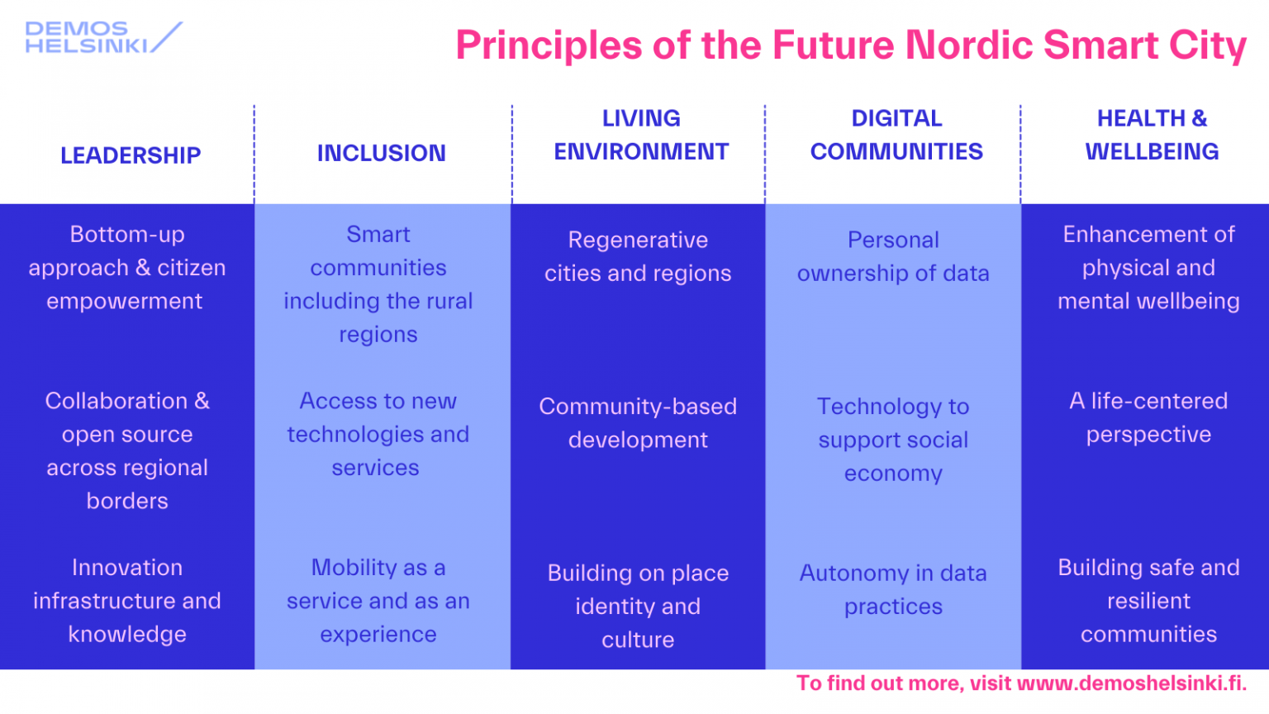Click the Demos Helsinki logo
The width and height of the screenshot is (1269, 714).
click(103, 37)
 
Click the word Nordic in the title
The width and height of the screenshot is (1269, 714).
click(969, 45)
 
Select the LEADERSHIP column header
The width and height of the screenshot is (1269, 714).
click(131, 155)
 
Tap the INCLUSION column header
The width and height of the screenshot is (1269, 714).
click(381, 153)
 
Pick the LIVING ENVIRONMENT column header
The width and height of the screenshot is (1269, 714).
click(641, 135)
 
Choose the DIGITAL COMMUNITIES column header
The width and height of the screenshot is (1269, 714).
click(896, 135)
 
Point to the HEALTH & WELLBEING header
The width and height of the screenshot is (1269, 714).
click(1152, 135)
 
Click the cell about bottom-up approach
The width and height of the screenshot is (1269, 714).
click(127, 268)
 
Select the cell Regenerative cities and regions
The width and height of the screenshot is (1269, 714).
click(638, 257)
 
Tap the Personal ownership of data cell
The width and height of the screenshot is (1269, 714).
click(893, 257)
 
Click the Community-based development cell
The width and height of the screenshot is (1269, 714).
click(638, 423)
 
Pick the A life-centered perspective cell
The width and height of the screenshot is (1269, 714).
click(1148, 417)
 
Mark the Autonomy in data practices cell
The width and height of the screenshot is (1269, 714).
click(893, 589)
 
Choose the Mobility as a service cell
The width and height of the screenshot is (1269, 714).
click(378, 601)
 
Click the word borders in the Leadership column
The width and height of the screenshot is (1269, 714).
click(127, 501)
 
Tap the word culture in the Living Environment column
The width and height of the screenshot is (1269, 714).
click(638, 640)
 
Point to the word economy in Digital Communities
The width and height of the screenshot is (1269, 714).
click(893, 474)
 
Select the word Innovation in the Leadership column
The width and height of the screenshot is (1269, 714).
click(127, 567)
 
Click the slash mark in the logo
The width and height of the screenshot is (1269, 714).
click(167, 37)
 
